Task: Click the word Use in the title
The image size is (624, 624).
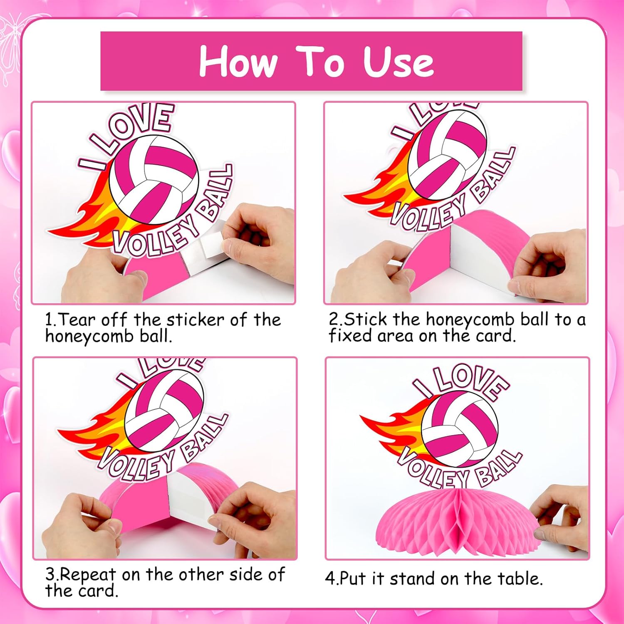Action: click(x=398, y=62)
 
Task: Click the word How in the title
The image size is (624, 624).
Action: click(x=238, y=62)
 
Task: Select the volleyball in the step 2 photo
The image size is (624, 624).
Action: click(x=447, y=156)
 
